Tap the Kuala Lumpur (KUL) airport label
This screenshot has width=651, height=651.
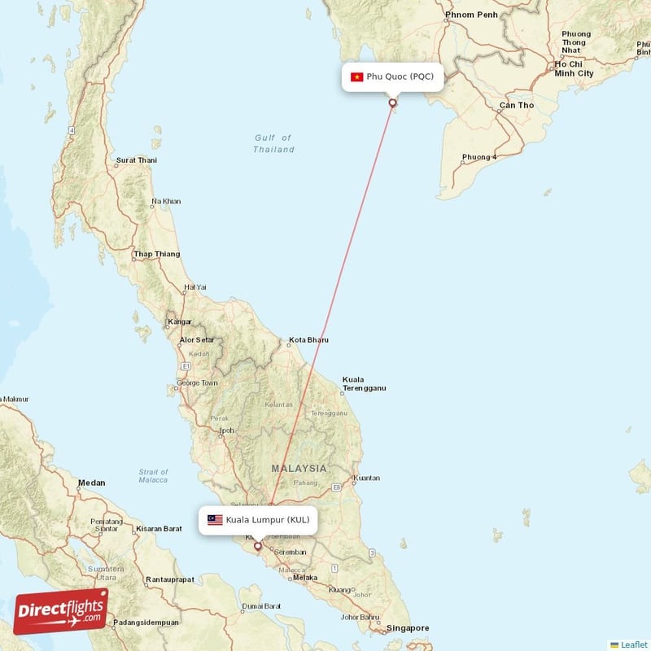267,519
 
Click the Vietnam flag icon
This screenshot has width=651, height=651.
356,77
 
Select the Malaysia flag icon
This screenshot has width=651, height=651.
215,519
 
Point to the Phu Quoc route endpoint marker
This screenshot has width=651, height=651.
393,103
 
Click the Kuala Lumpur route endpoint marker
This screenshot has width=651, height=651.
258,546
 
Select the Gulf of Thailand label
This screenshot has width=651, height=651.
273,143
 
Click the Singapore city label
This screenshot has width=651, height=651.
408,627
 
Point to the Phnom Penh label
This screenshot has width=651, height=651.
470,15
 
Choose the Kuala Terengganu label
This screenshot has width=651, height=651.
364,384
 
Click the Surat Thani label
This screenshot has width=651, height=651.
137,160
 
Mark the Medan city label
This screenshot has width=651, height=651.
91,483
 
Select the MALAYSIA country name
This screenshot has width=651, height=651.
299,469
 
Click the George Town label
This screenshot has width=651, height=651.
198,382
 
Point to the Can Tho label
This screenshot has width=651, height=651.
517,105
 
